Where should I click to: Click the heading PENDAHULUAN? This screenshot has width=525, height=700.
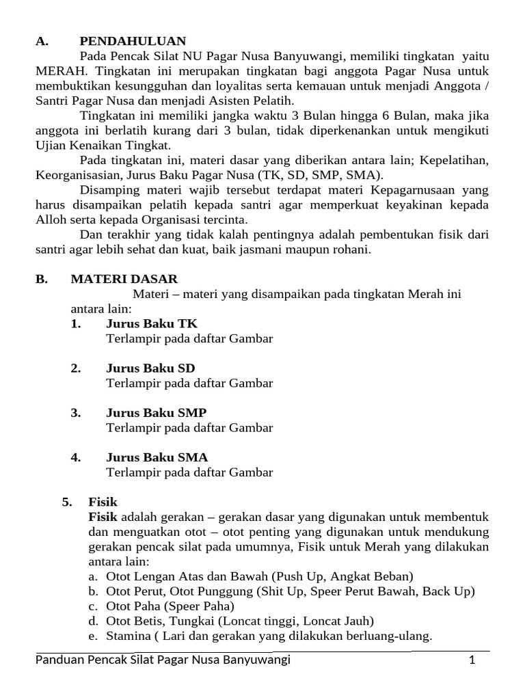[x=133, y=41]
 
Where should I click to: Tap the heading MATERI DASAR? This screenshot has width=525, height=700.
[x=124, y=279]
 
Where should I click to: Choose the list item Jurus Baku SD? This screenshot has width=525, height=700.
[x=150, y=368]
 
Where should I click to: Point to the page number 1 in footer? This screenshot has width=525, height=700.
[x=472, y=660]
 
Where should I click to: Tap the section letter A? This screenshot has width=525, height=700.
[x=42, y=41]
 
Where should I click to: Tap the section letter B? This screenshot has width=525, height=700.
[x=41, y=279]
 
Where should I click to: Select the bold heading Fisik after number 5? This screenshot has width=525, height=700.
[x=103, y=502]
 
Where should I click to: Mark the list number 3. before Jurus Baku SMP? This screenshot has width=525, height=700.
[x=76, y=413]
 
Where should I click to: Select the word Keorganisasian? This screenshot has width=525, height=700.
[x=75, y=174]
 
